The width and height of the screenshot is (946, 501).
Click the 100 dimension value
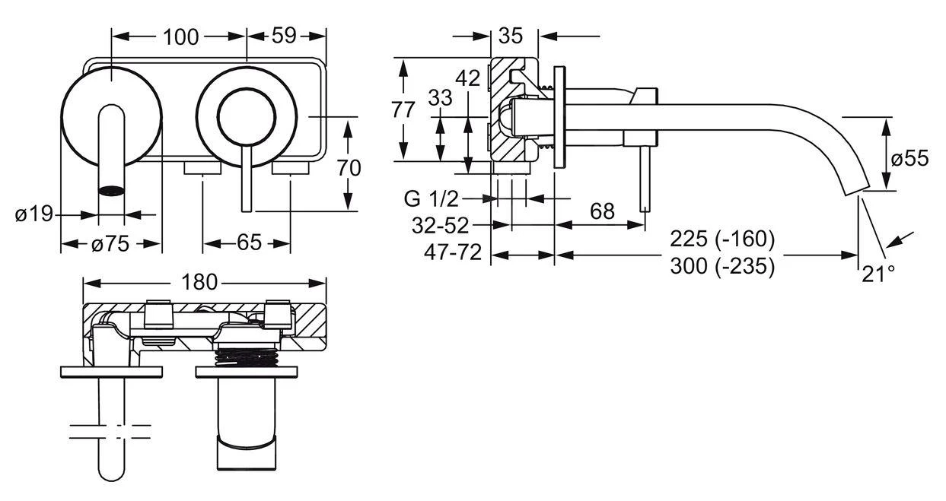180,36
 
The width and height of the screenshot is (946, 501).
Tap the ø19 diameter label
34,214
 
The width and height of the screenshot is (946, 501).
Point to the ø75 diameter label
110,244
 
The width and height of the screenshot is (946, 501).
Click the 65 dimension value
248,243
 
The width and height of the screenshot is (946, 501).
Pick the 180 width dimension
199,283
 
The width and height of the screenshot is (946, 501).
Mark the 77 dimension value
403,109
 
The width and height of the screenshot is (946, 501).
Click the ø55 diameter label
909,158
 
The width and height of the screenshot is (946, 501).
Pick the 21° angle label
878,274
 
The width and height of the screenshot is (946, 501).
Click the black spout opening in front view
112,190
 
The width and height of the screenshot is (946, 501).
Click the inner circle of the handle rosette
246,116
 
